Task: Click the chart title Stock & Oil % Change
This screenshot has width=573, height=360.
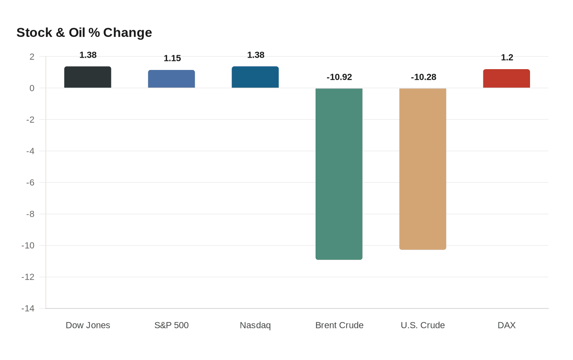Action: click(x=84, y=33)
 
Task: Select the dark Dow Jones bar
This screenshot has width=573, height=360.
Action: click(x=88, y=77)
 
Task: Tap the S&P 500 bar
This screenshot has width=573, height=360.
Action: click(x=171, y=79)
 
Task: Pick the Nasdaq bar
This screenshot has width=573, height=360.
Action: click(x=255, y=77)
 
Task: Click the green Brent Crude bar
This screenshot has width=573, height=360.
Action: click(x=339, y=174)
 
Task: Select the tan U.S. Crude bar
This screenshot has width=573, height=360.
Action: click(x=423, y=169)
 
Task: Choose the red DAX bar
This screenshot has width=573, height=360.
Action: click(x=506, y=79)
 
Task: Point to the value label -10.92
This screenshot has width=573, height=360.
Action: click(x=339, y=77)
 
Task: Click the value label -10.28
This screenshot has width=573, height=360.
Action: click(x=423, y=77)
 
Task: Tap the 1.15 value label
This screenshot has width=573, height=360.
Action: click(x=172, y=59)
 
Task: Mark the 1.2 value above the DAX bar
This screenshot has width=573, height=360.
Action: click(x=507, y=58)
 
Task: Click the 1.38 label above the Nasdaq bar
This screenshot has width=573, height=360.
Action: click(x=256, y=55)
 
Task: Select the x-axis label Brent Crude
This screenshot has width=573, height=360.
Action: click(x=339, y=325)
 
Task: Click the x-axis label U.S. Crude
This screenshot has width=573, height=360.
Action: click(x=423, y=325)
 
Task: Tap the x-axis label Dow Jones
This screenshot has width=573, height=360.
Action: click(x=88, y=325)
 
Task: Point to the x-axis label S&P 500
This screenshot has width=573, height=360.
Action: click(x=171, y=325)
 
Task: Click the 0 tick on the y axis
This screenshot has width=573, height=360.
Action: click(x=32, y=88)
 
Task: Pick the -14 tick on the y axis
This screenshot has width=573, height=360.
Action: click(x=28, y=308)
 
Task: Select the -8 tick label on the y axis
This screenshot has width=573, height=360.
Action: click(x=30, y=214)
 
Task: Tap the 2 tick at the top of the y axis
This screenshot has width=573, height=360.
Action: click(x=32, y=57)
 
